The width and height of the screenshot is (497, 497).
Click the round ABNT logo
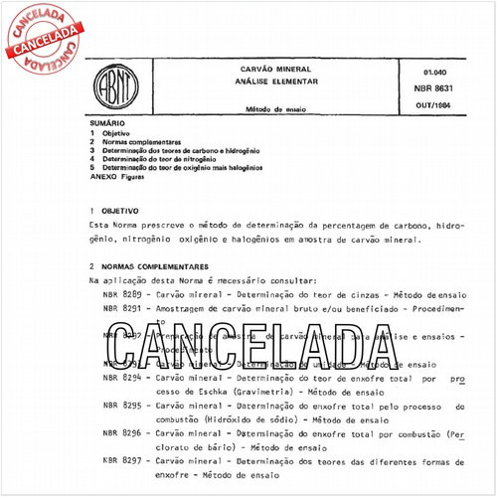pyautogui.click(x=110, y=86)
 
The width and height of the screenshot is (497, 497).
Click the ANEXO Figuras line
pyautogui.click(x=123, y=176)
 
